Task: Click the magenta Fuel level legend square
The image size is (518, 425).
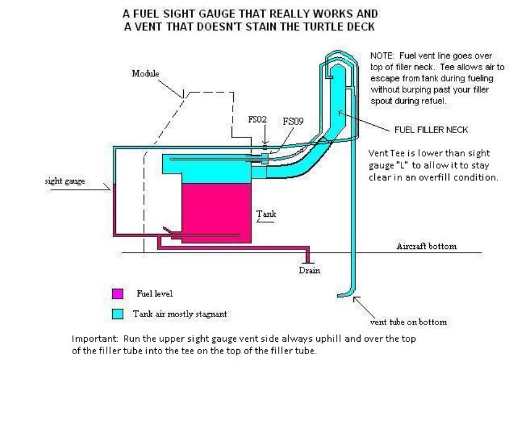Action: coord(118,294)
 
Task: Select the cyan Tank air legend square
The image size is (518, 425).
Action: coord(118,314)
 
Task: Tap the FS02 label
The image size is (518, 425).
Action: coord(257,119)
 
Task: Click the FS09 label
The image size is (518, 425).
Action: coord(292,122)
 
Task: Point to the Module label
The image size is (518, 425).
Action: coord(146,74)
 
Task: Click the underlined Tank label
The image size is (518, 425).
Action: coord(266,214)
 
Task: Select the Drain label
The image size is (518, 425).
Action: coord(310,270)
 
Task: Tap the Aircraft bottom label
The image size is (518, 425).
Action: coord(426,246)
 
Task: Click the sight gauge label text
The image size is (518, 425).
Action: coord(65,182)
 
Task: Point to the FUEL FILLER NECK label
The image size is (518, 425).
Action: coord(431,130)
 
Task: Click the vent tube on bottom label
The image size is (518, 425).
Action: coord(408,322)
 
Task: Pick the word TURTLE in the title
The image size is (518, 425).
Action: coord(319,27)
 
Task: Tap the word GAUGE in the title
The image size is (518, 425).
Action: coord(200,13)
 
